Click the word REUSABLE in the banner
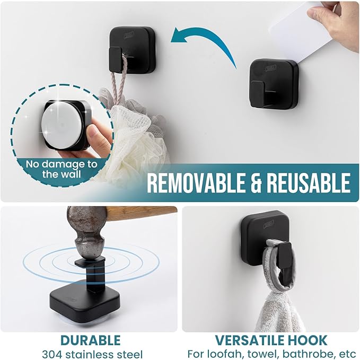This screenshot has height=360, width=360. coord(310,183)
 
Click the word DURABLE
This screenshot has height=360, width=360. coord(90,340)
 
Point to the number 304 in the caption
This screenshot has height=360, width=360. coord(52,353)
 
